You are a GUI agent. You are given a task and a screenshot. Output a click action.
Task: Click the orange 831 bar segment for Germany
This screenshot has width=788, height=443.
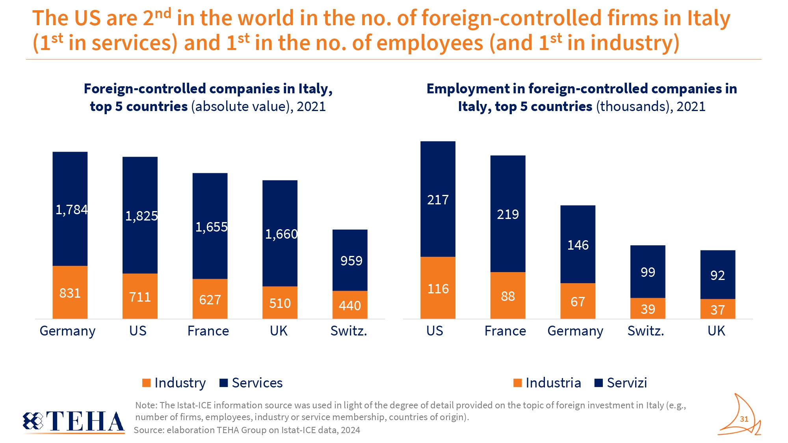(70, 292)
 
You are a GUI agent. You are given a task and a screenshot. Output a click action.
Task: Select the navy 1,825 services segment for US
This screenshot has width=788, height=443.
(140, 215)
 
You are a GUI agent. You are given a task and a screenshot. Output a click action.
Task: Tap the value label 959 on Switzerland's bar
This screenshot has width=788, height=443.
(351, 261)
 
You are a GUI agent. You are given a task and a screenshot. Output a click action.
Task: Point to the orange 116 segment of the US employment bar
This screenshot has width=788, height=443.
(438, 288)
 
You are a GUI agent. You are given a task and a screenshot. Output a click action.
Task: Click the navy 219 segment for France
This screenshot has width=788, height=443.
(507, 214)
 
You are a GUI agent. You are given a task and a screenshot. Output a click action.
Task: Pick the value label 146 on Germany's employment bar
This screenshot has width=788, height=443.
(578, 245)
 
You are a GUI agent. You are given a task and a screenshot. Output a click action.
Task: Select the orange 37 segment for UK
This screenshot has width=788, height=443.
(717, 309)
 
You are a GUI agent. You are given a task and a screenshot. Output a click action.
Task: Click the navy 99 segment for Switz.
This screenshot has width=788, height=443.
(648, 272)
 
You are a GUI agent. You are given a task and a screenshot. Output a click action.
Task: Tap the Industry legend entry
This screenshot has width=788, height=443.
(174, 383)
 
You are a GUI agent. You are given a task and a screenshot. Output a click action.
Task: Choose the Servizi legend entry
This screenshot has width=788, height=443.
(621, 383)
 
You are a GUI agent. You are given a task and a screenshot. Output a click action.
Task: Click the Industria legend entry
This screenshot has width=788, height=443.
(547, 383)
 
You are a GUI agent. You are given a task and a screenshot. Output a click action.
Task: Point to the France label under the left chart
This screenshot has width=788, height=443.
(208, 331)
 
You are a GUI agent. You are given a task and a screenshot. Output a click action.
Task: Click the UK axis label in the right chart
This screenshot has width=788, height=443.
(716, 331)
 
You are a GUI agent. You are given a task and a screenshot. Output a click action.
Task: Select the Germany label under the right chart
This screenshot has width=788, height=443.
(575, 331)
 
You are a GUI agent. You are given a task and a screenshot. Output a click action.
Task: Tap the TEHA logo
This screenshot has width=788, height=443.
(74, 421)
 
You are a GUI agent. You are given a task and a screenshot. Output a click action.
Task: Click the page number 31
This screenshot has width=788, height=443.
(744, 419)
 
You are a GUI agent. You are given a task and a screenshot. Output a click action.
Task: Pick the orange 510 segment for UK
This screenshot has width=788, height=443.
(280, 302)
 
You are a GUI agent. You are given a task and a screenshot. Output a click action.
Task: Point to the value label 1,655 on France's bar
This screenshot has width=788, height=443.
(211, 227)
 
